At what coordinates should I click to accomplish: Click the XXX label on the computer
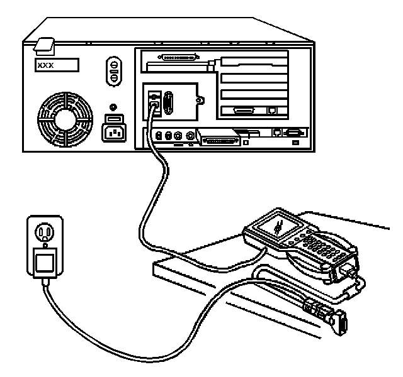[x=57, y=65]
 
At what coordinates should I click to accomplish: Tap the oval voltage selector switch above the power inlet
[x=114, y=73]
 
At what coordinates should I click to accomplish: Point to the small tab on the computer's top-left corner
[x=45, y=46]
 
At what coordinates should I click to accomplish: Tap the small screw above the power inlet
[x=113, y=107]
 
